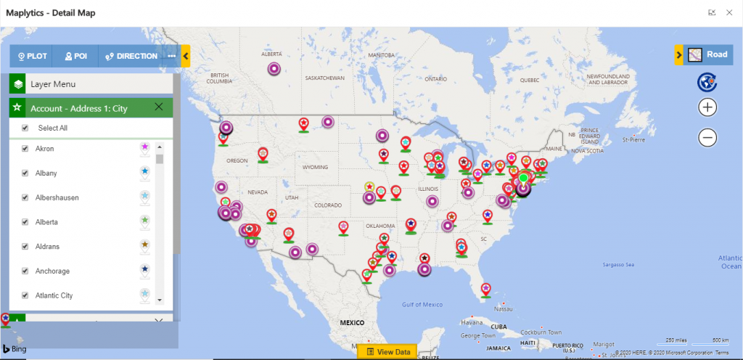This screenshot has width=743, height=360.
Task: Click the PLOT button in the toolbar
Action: point(32,56)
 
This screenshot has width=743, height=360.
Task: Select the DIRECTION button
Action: point(131,56)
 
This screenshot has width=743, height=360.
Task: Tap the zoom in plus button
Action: point(708,107)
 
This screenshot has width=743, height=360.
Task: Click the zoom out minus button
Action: point(708,137)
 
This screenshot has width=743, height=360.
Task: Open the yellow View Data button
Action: point(387,352)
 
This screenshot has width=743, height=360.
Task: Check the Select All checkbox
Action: point(25,128)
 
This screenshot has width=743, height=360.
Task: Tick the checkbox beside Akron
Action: point(25,149)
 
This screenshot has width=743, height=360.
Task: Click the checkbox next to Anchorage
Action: point(25,271)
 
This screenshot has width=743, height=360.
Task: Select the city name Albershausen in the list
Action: point(57,197)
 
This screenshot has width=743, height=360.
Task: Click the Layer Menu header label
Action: point(53,84)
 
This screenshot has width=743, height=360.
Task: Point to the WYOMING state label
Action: point(315,167)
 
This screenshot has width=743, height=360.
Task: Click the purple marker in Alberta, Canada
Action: point(274,69)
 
